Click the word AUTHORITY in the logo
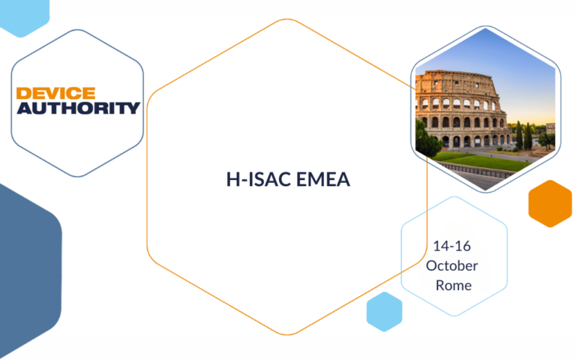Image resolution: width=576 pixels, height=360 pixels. click(78, 108)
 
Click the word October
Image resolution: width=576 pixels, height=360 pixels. click(451, 265)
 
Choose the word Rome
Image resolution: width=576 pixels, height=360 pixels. click(454, 285)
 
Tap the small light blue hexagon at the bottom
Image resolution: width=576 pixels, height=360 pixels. click(384, 311)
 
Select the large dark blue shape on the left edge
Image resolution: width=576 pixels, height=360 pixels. click(26, 270)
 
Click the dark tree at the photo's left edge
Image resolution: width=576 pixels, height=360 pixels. click(426, 139)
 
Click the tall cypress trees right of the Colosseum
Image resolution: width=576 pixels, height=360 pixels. click(519, 135)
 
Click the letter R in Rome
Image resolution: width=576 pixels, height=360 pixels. click(439, 285)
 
